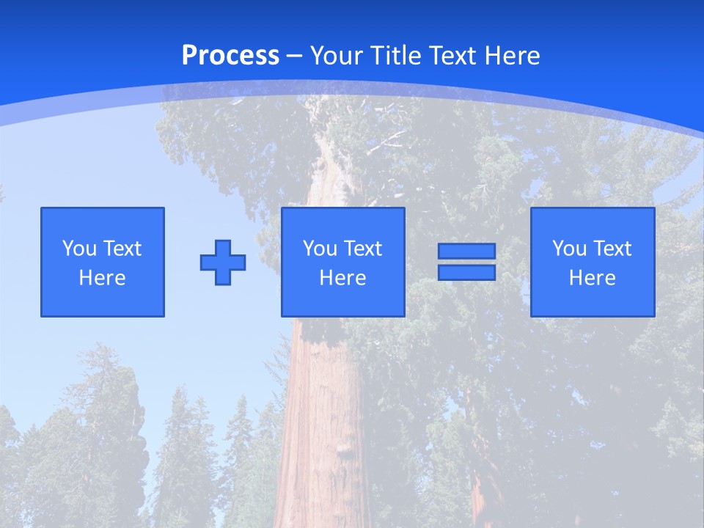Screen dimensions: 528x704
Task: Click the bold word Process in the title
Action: tap(230, 56)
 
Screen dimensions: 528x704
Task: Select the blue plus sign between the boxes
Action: tap(223, 263)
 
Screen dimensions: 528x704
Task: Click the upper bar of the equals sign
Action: tap(466, 252)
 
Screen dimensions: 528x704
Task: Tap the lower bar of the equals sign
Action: tap(466, 272)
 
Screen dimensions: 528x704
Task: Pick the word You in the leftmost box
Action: tap(79, 249)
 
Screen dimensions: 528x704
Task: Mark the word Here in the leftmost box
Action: tap(102, 278)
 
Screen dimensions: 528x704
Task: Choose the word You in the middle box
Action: tap(320, 249)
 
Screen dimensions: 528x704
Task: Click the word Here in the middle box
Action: tap(342, 278)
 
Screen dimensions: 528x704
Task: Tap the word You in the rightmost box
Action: tap(569, 249)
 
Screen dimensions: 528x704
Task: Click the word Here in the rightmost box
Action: tap(592, 278)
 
